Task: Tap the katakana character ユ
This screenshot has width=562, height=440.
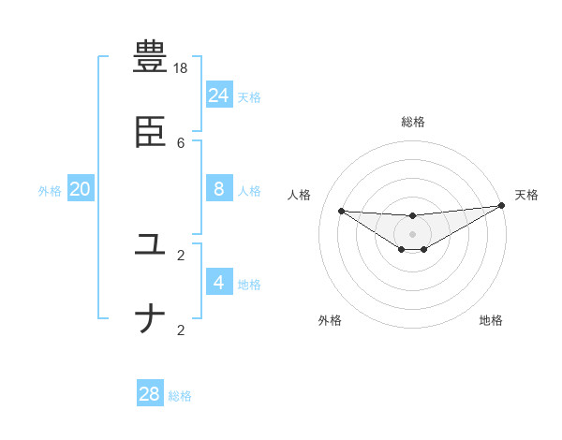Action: point(151,244)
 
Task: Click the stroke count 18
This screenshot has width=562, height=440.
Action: point(181,68)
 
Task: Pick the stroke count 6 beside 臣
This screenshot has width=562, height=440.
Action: point(181,142)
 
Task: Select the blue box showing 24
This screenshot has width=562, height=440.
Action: point(219,95)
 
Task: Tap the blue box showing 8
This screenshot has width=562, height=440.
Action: point(219,188)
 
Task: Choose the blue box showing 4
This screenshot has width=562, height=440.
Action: point(219,282)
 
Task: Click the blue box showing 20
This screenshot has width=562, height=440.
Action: point(81,189)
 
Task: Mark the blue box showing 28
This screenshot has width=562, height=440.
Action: point(150,394)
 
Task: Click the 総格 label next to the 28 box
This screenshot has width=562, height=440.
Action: point(180,396)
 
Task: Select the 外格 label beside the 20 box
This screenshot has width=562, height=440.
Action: point(50,191)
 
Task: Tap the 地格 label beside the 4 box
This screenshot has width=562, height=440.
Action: point(249,285)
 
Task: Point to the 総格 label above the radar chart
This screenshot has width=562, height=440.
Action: point(412,122)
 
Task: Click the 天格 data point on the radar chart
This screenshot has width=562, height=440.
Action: point(502,206)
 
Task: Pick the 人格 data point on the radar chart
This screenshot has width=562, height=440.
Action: point(341,211)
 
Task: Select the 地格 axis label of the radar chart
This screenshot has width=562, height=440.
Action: point(491,320)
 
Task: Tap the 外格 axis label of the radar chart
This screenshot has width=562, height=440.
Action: point(330,320)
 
